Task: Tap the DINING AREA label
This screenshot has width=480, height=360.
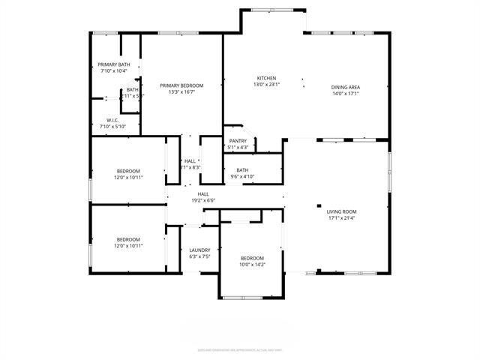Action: [x=346, y=87]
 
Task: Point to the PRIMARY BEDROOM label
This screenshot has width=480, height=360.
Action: [x=181, y=85]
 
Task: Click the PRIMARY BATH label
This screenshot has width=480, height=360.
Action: [x=114, y=64]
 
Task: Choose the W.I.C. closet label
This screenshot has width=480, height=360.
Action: [x=113, y=120]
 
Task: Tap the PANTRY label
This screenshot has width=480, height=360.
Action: [x=238, y=140]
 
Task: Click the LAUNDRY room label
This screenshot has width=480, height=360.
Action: [x=199, y=250]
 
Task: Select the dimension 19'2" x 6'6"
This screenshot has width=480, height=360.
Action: [x=202, y=200]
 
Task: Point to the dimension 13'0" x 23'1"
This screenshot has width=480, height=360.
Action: [x=268, y=85]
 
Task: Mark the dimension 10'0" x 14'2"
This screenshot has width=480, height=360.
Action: [x=252, y=264]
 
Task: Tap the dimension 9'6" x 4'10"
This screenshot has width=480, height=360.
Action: [x=242, y=176]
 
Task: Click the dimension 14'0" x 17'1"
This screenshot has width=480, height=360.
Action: [x=346, y=94]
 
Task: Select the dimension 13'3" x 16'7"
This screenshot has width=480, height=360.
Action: [x=181, y=92]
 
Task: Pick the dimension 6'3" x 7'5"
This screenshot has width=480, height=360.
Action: [x=199, y=256]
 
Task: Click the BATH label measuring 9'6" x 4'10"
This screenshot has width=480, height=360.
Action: [x=242, y=169]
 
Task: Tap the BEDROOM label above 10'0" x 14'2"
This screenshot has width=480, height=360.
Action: [x=252, y=257]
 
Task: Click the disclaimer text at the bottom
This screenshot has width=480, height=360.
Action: [x=240, y=349]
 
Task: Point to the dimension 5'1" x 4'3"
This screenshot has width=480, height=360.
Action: [x=238, y=147]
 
